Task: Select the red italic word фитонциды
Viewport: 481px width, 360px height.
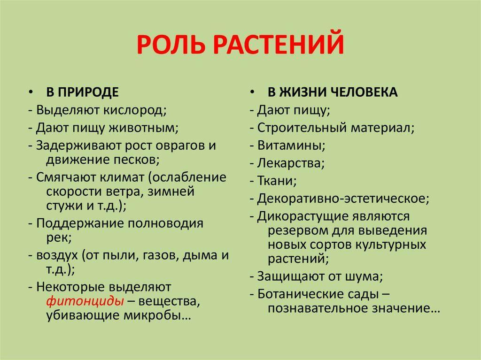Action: point(85,301)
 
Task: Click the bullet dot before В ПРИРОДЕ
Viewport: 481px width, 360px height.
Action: point(31,92)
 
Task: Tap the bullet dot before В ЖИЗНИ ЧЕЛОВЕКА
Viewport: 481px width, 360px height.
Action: point(252,92)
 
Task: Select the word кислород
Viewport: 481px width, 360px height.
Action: point(135,110)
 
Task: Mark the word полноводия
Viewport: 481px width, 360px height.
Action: point(165,223)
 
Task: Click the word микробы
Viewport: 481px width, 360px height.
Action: point(157,315)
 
